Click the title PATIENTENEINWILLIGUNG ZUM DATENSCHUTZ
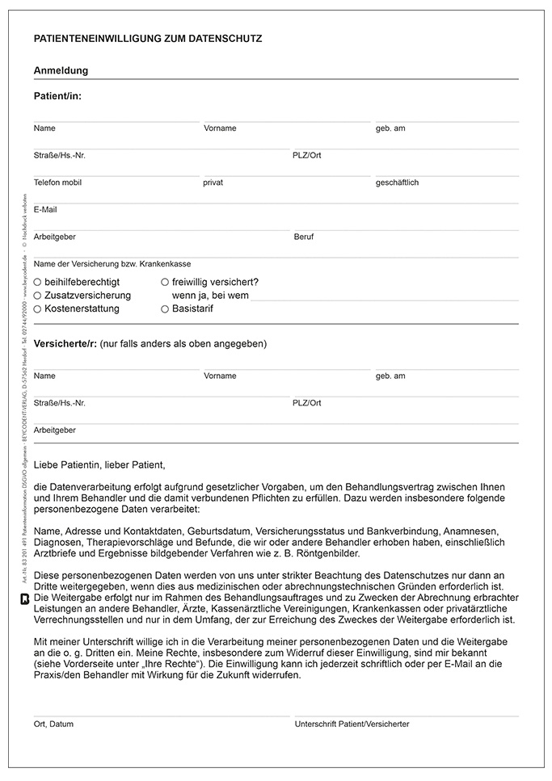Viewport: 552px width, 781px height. click(x=148, y=38)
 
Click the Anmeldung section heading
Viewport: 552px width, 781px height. click(x=61, y=70)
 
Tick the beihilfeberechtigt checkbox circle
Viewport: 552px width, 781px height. click(x=38, y=282)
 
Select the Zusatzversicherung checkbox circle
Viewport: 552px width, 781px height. click(x=38, y=296)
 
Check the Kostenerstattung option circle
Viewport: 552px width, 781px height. click(x=38, y=309)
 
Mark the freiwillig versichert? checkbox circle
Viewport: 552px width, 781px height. click(x=165, y=282)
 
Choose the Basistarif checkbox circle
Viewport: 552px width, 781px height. click(x=165, y=309)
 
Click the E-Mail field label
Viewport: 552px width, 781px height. click(x=45, y=210)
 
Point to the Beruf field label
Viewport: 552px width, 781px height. click(x=304, y=237)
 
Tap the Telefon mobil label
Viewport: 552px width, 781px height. click(x=57, y=183)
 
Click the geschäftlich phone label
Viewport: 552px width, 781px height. click(x=397, y=183)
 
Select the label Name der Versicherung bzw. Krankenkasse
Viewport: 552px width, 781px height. click(x=112, y=263)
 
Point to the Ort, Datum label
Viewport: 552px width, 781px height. click(x=53, y=724)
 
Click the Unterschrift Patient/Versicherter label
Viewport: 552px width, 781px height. click(x=352, y=724)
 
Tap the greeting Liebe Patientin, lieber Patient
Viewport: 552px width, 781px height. click(x=99, y=465)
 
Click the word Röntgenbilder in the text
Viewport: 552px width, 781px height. click(x=327, y=553)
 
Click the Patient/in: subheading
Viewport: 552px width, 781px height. click(x=57, y=96)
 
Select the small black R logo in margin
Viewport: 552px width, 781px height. click(x=24, y=598)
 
